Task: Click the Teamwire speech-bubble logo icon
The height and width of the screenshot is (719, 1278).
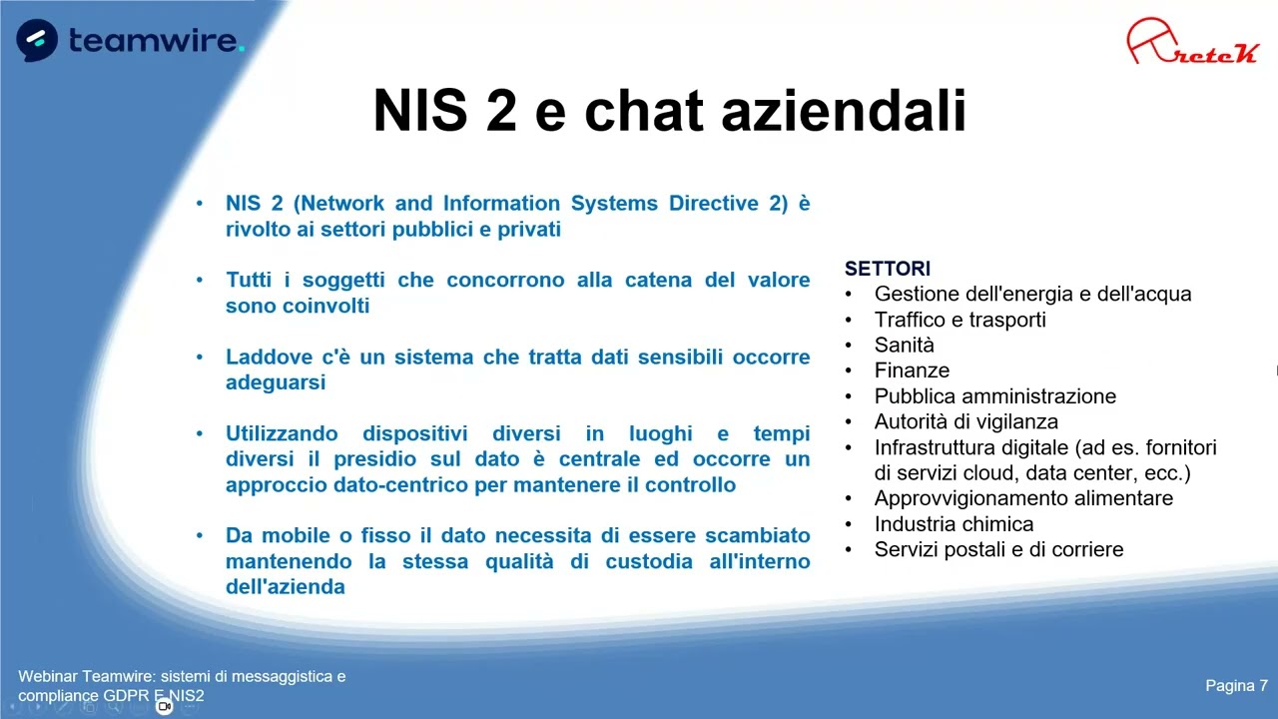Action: click(37, 40)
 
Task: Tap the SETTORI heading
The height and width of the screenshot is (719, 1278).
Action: click(887, 269)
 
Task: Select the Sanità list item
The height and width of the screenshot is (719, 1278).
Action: click(904, 345)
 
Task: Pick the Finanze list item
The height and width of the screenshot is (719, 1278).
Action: click(912, 370)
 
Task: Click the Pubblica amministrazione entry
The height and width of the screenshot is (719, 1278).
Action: click(994, 395)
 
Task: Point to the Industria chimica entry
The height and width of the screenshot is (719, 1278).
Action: click(954, 523)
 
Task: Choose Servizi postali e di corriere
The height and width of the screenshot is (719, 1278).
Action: click(998, 549)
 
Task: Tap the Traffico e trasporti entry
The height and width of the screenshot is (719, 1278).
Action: click(959, 320)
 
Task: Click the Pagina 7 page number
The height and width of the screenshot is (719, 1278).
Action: click(1236, 685)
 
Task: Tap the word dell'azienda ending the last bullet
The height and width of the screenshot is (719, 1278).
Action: click(285, 586)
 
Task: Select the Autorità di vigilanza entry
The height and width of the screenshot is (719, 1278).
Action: click(965, 421)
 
